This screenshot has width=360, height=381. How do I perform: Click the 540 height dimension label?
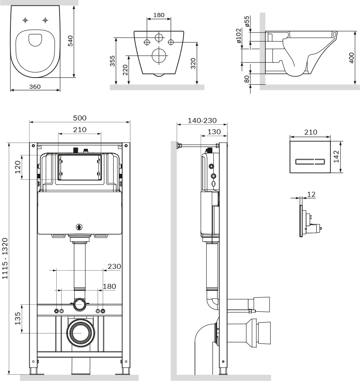70,41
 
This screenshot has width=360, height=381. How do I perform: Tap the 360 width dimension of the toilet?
35,86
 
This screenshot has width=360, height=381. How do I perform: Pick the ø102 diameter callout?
239,36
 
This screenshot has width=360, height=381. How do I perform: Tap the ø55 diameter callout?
247,22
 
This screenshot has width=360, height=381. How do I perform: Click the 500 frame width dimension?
80,118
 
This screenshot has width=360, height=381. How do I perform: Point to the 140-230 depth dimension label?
202,120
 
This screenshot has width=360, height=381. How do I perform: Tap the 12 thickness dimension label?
311,194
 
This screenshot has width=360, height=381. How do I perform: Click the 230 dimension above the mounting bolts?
115,266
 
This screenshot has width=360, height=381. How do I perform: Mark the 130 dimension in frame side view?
214,132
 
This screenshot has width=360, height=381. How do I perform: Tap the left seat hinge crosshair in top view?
25,20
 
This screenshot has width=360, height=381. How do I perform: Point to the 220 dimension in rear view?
125,71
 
